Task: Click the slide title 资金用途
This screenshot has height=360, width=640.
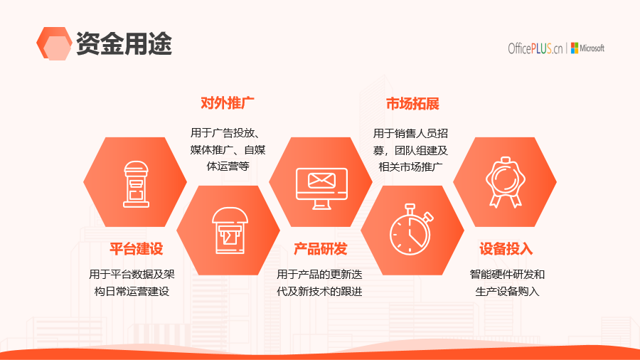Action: pyautogui.click(x=124, y=43)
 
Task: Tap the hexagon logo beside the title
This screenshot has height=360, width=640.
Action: pyautogui.click(x=54, y=43)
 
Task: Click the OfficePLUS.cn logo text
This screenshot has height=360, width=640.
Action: pyautogui.click(x=535, y=48)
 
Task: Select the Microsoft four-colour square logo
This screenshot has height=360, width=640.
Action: pyautogui.click(x=575, y=48)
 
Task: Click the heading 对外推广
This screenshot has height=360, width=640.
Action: pyautogui.click(x=228, y=103)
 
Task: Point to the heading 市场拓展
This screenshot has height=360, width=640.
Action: pyautogui.click(x=412, y=104)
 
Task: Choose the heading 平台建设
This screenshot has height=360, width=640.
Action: pyautogui.click(x=137, y=248)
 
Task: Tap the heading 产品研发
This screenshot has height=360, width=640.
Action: pyautogui.click(x=321, y=248)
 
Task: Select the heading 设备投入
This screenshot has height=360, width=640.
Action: pyautogui.click(x=506, y=248)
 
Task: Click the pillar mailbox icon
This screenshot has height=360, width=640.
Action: pyautogui.click(x=136, y=184)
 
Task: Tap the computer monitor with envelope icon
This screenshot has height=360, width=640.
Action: pyautogui.click(x=321, y=189)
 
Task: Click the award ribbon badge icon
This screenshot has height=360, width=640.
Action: pyautogui.click(x=506, y=182)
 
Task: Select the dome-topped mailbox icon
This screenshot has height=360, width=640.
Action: pyautogui.click(x=230, y=231)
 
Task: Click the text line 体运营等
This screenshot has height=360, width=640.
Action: pyautogui.click(x=228, y=166)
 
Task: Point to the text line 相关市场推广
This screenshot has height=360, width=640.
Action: pyautogui.click(x=410, y=167)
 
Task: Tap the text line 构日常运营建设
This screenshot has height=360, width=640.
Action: pyautogui.click(x=132, y=292)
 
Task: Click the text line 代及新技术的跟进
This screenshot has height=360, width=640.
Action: pyautogui.click(x=319, y=292)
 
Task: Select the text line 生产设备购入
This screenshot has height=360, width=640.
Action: pyautogui.click(x=507, y=292)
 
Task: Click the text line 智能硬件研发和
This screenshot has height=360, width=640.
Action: pyautogui.click(x=507, y=275)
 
